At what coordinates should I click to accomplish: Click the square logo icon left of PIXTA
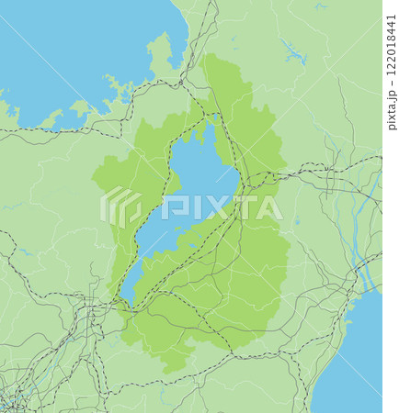120,207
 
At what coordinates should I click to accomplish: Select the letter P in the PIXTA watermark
170,208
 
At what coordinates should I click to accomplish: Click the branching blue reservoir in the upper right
294,53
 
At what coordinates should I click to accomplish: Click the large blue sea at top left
64,55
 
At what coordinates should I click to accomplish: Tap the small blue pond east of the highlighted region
297,221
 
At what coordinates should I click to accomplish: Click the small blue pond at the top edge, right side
319,7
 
